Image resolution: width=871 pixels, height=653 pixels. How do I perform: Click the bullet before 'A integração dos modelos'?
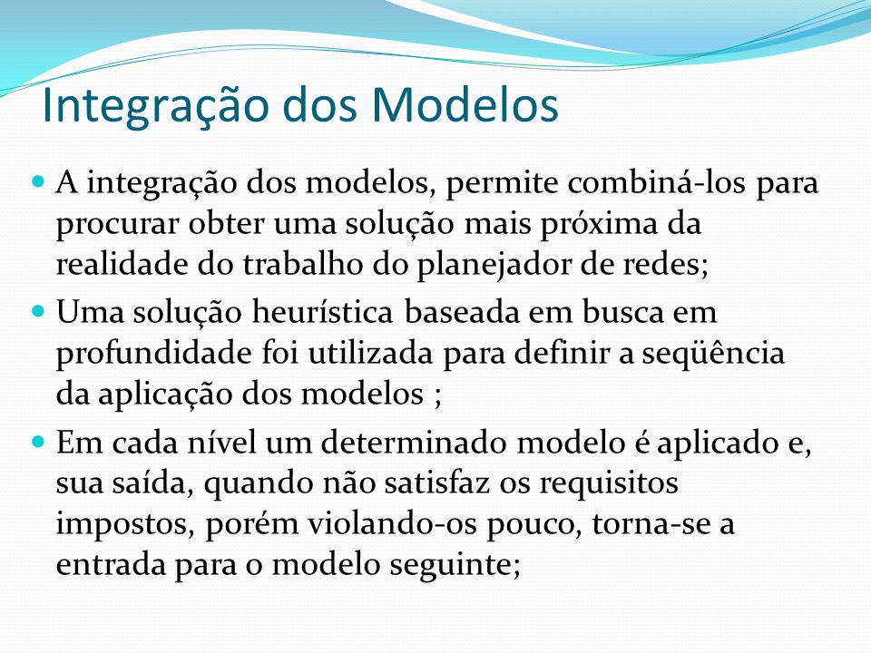(x=38, y=181)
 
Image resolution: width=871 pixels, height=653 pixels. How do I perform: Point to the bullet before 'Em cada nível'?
(x=38, y=442)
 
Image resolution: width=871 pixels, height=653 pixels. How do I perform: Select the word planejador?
(x=494, y=265)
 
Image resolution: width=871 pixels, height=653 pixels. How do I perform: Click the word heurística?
(x=322, y=311)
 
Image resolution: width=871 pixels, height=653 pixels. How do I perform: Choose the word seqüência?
(x=713, y=354)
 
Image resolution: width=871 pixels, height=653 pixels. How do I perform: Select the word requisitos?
(x=609, y=484)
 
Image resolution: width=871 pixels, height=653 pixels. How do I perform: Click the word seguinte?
(x=455, y=566)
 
